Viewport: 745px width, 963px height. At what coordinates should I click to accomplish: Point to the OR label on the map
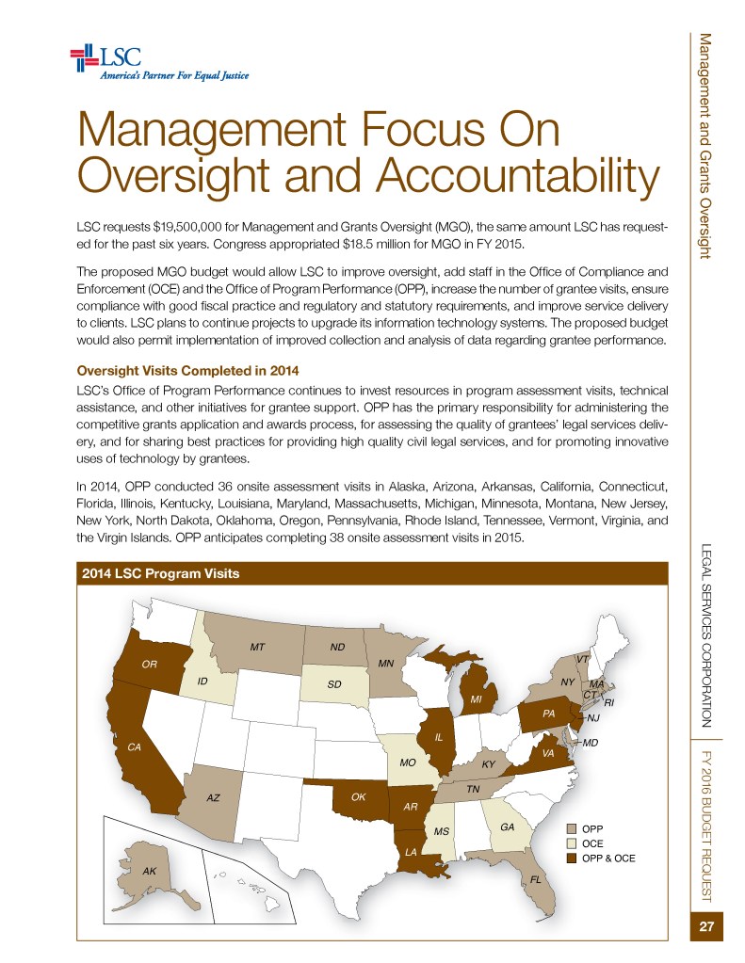pos(149,665)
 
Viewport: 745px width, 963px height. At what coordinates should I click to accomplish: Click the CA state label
pos(134,746)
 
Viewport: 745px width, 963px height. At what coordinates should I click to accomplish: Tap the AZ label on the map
pos(214,797)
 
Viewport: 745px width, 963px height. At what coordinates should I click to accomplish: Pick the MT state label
pos(255,648)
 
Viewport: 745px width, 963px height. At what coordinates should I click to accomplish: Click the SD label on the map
pos(333,683)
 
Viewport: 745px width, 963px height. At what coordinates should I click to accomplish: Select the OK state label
pos(358,796)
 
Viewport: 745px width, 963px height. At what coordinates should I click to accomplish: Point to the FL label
pos(535,879)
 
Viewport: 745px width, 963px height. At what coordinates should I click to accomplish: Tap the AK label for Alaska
pos(149,871)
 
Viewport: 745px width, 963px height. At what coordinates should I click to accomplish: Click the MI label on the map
pos(477,700)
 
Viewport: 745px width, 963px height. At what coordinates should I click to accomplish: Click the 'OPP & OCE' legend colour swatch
pos(571,859)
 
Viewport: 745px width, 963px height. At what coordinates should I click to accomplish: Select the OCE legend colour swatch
pos(571,843)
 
